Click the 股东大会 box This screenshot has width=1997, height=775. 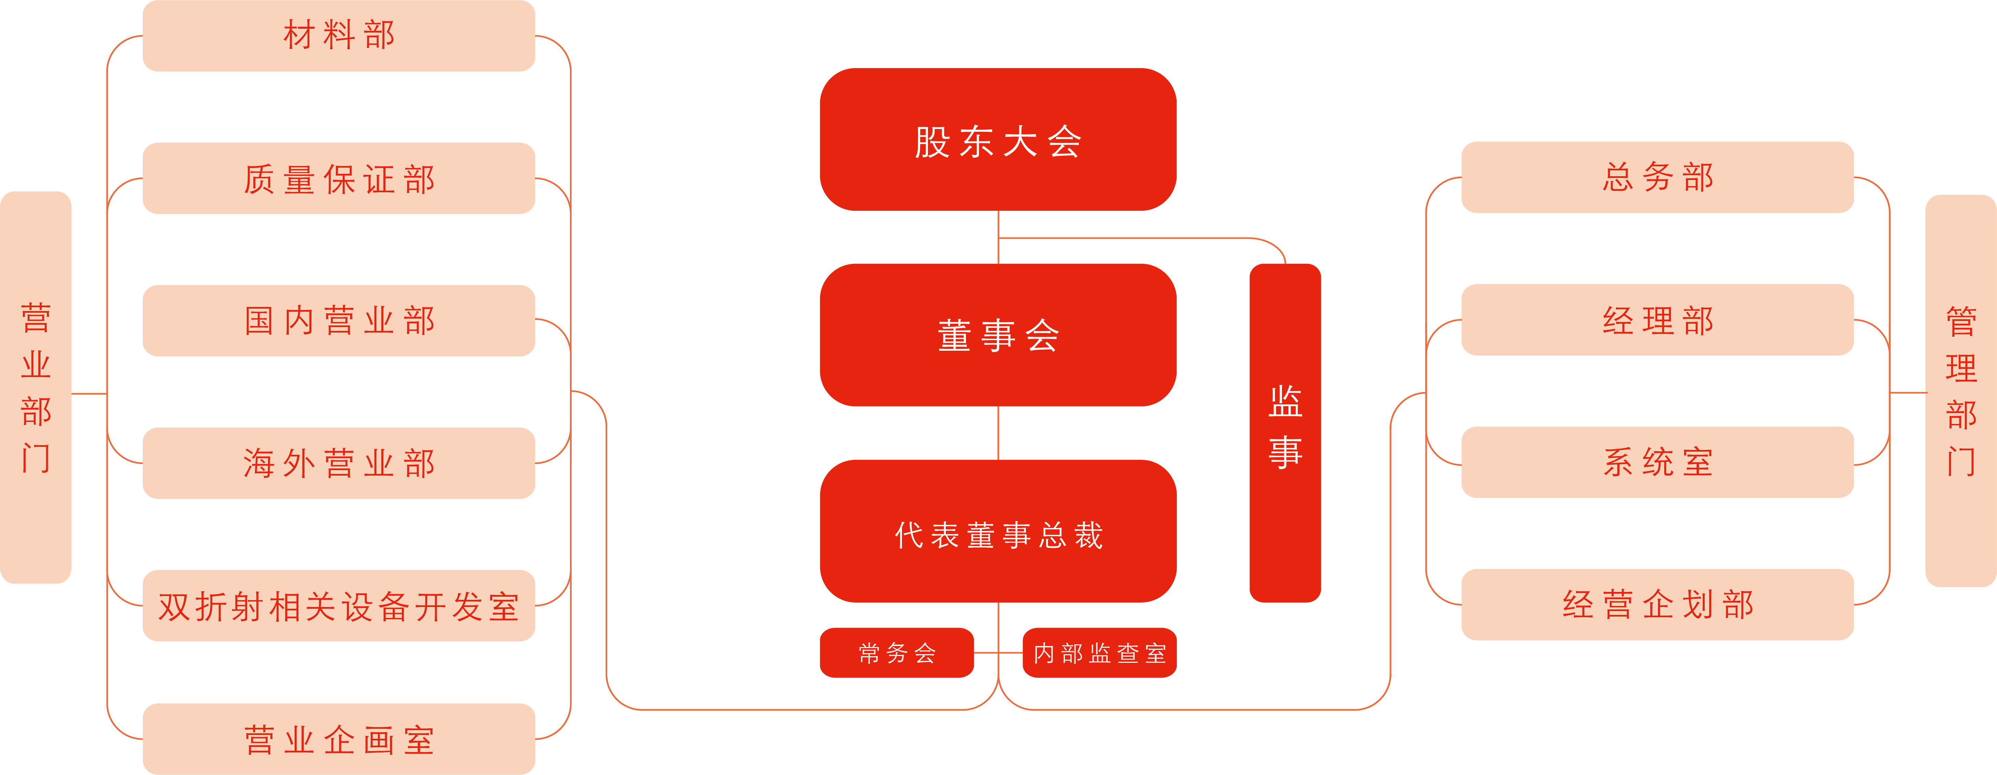pyautogui.click(x=998, y=140)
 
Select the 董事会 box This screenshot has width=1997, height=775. pyautogui.click(x=998, y=335)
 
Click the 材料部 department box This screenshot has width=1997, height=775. pyautogui.click(x=339, y=36)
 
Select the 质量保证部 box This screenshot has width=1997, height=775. pyautogui.click(x=339, y=178)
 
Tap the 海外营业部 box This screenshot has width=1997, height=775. pyautogui.click(x=339, y=463)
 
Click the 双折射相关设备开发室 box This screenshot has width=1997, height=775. pyautogui.click(x=339, y=605)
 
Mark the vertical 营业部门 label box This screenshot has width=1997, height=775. pyautogui.click(x=36, y=387)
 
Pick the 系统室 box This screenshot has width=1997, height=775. pyautogui.click(x=1657, y=462)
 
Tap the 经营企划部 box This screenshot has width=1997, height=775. pyautogui.click(x=1657, y=605)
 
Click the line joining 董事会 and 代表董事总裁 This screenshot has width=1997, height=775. pyautogui.click(x=998, y=433)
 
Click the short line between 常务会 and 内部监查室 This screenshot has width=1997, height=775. pyautogui.click(x=998, y=653)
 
